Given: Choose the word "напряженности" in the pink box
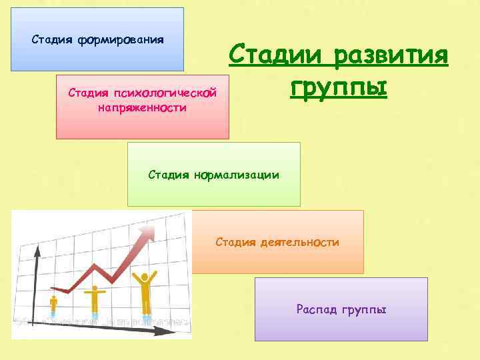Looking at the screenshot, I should tap(142, 107).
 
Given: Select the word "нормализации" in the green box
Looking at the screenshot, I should tap(237, 175).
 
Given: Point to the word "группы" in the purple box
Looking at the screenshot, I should tap(364, 310).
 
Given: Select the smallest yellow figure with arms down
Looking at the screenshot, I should tap(53, 303).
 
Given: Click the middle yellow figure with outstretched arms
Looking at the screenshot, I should tap(95, 299).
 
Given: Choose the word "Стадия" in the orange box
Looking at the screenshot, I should tap(235, 242).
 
